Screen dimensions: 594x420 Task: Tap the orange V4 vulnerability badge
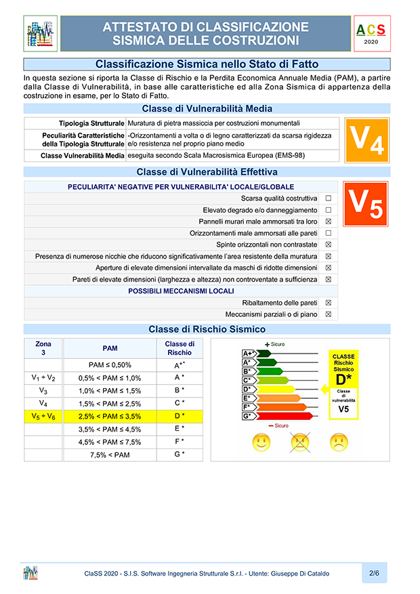[x=366, y=140]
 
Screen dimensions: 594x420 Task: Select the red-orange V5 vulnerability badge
[x=366, y=204]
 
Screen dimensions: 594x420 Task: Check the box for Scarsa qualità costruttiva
[x=328, y=198]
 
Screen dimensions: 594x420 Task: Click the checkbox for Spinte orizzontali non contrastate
[x=328, y=245]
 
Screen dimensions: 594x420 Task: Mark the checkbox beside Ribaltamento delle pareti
[x=328, y=303]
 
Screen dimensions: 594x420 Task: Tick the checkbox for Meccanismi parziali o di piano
[x=328, y=314]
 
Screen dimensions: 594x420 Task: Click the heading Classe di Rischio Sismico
[x=207, y=329]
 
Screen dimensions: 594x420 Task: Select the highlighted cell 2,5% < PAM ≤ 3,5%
[x=110, y=416]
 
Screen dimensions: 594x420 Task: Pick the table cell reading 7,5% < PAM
[x=110, y=454]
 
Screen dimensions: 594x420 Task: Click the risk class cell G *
[x=180, y=454]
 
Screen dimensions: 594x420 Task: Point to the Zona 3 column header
[x=43, y=348]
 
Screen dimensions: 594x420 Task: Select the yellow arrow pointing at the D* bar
[x=324, y=389]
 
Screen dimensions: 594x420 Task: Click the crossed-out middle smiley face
[x=299, y=442]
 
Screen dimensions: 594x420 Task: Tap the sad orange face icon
[x=339, y=442]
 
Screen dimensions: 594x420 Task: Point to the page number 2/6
[x=374, y=573]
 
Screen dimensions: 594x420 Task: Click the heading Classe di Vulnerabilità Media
[x=207, y=108]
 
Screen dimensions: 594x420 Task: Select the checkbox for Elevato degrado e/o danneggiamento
[x=328, y=210]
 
